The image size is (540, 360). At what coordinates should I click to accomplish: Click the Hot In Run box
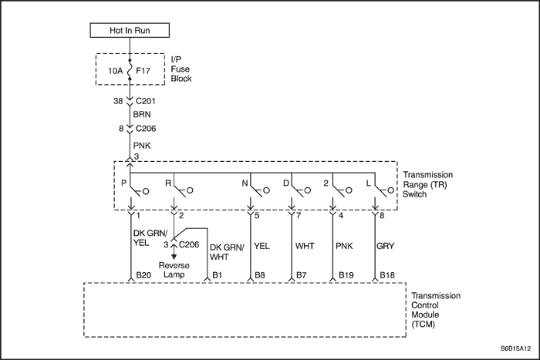coord(130,31)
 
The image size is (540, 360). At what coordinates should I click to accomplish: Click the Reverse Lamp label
coord(174,269)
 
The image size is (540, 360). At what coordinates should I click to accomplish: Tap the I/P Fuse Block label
coord(181,69)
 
